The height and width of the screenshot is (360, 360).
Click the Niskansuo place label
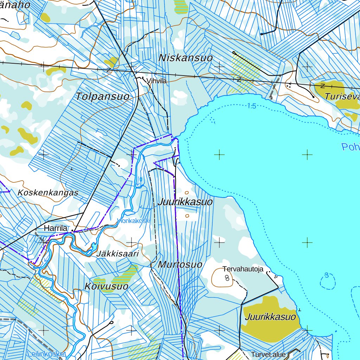coord(186,58)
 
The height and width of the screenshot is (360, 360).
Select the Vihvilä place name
coord(156,81)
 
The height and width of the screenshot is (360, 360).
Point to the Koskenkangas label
coord(48,193)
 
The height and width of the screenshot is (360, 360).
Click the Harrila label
coord(56,229)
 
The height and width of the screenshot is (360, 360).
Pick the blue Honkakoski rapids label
coord(134,221)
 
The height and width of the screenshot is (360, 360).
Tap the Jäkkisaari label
coord(118,254)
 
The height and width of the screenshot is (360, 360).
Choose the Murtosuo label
coord(180,265)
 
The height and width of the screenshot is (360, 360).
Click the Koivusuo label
coord(106,287)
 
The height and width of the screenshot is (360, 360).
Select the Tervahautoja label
coord(243,269)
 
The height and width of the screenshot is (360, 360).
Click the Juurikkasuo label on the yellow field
coord(271,317)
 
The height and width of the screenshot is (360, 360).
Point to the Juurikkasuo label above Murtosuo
coord(185,202)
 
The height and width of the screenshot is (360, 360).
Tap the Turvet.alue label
coord(268,354)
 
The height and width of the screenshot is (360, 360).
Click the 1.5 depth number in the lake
coord(251,106)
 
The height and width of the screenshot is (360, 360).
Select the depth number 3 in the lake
coord(327,275)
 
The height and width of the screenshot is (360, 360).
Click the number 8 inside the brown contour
coord(227,278)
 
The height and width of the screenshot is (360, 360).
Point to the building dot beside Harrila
coord(73,231)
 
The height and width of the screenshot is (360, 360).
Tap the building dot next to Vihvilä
coord(143,78)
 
